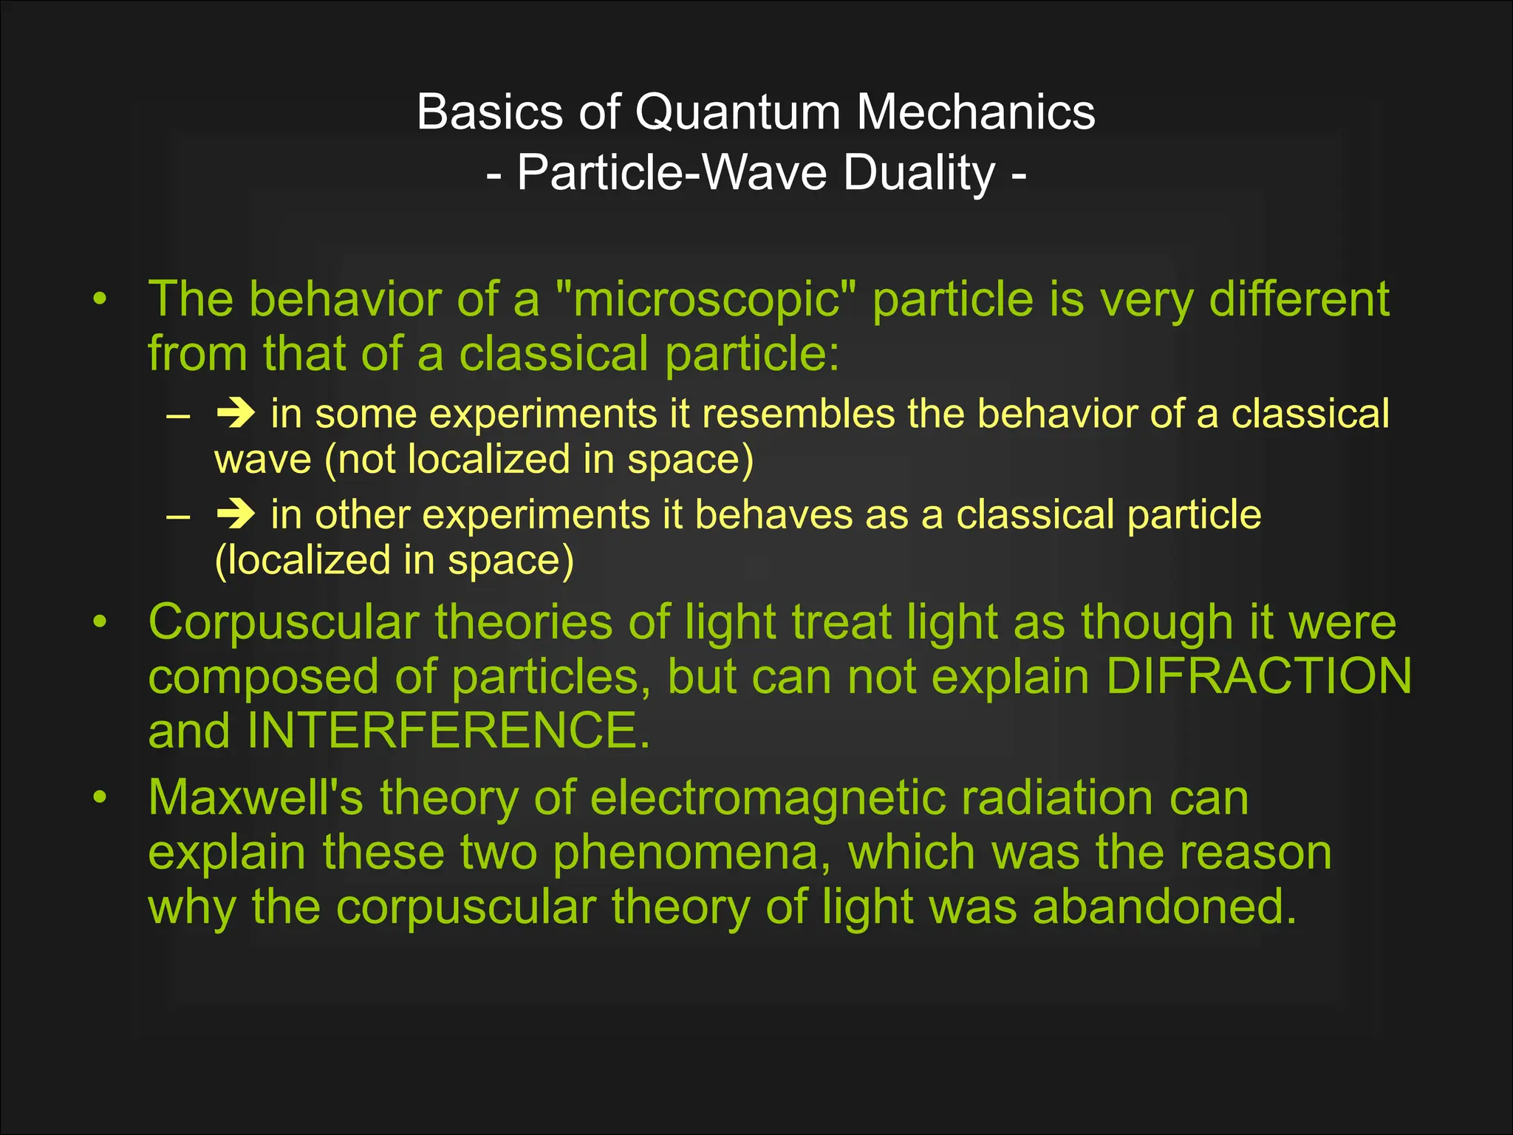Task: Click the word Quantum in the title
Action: (x=737, y=112)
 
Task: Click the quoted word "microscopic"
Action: (x=705, y=300)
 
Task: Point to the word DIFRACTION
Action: (x=1258, y=677)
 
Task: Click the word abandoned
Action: (x=1164, y=907)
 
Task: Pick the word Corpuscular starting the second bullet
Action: (x=284, y=622)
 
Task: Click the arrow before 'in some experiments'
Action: (x=236, y=413)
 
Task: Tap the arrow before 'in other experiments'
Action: (x=236, y=514)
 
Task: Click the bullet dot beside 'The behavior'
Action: (x=100, y=300)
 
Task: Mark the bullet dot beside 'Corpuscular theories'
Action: (x=100, y=622)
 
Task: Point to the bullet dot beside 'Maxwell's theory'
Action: (x=100, y=798)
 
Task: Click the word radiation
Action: (x=1057, y=798)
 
